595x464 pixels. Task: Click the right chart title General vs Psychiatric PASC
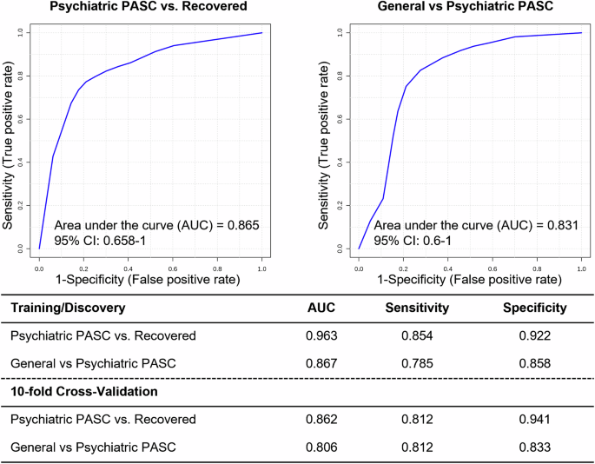coord(470,8)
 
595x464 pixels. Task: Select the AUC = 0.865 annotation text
coord(156,225)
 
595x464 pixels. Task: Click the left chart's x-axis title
coord(150,279)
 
